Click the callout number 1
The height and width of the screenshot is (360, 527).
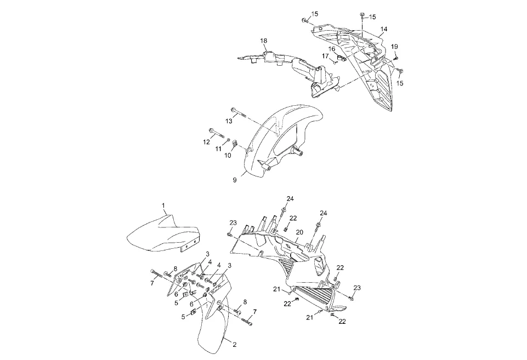[x=163, y=205]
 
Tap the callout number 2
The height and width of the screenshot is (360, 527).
[x=234, y=345]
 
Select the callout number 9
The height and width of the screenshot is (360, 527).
[x=234, y=180]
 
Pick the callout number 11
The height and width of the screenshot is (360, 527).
[x=218, y=148]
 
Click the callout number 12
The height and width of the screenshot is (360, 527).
[x=207, y=142]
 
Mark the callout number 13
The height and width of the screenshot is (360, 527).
[x=229, y=120]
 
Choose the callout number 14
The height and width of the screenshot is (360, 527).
[x=384, y=28]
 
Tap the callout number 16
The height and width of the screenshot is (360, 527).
[x=332, y=49]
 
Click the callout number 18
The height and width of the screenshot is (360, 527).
[x=264, y=41]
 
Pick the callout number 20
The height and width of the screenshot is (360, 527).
[x=299, y=232]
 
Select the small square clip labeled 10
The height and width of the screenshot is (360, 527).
[x=233, y=144]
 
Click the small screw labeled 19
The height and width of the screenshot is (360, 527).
[x=395, y=57]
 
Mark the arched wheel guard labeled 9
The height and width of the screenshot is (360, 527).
[x=285, y=137]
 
